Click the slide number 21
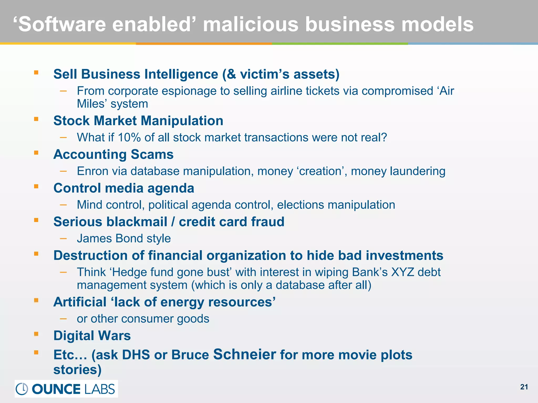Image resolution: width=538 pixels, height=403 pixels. (524, 387)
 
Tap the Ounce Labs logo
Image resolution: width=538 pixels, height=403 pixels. (66, 389)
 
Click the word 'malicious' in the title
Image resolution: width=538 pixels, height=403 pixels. (251, 24)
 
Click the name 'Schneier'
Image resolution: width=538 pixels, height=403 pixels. (245, 354)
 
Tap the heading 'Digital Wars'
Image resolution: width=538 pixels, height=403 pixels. (92, 336)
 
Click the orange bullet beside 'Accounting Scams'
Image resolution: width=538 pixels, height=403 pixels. (36, 152)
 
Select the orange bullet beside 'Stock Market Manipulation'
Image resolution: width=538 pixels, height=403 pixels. (36, 119)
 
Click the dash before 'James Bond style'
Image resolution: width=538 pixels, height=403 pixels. (63, 238)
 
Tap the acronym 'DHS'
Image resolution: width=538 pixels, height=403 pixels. (136, 355)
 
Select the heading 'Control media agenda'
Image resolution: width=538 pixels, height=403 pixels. (124, 188)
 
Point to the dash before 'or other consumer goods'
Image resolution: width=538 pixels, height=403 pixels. (63, 319)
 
